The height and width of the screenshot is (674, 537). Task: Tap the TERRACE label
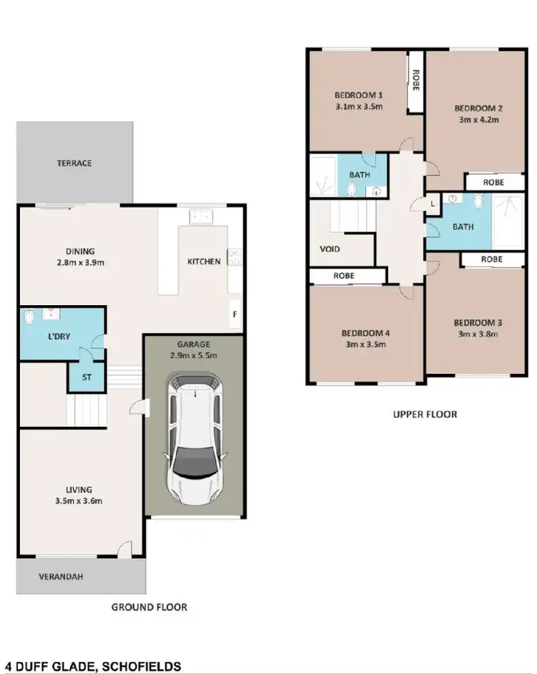point(74,163)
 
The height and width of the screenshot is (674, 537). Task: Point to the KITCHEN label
point(204,261)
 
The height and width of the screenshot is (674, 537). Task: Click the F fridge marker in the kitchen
point(234,314)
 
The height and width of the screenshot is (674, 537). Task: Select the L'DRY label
point(59,336)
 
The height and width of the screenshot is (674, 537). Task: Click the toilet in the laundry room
point(29,317)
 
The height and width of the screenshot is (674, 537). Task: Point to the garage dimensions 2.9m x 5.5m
point(194,355)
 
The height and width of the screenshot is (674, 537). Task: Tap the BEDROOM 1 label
point(359,95)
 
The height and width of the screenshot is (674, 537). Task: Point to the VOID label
point(330,249)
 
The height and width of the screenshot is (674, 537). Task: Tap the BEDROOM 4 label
point(365,333)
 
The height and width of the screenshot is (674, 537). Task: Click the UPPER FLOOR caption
point(425,414)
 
